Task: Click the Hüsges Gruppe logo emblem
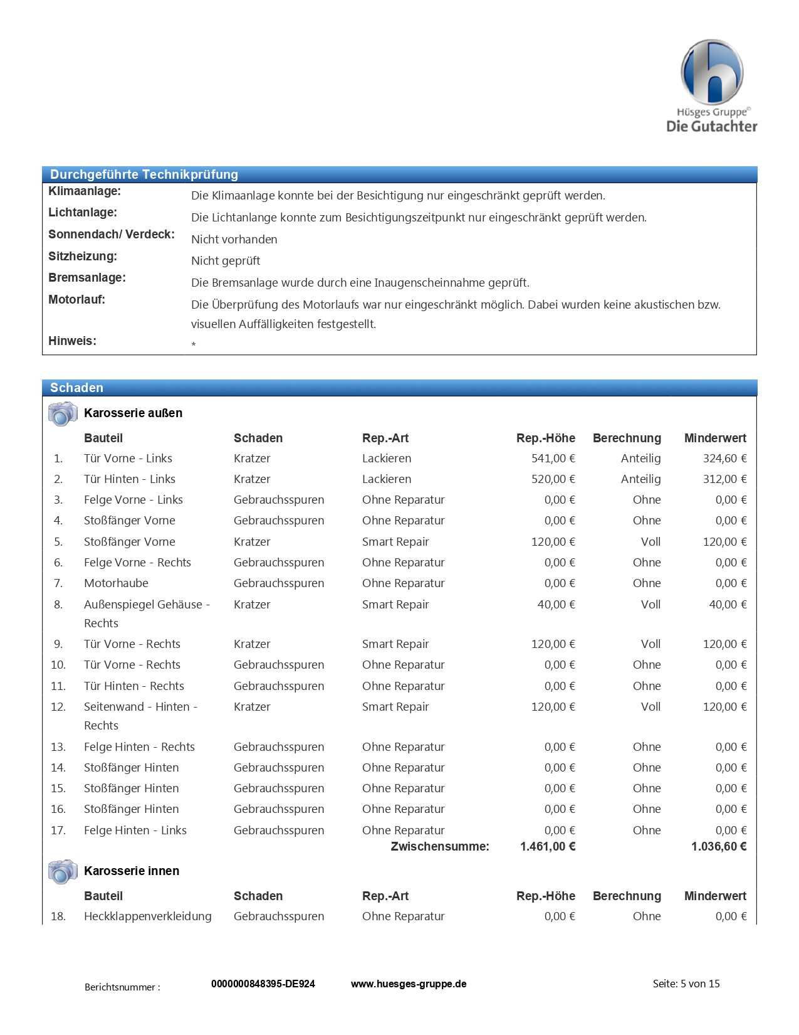tap(712, 72)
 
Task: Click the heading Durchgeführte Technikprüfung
tap(144, 174)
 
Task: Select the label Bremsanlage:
tap(87, 278)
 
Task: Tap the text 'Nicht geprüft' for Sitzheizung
tap(226, 261)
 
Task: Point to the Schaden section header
tap(76, 388)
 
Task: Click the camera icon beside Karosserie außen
tap(63, 413)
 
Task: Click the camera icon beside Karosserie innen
tap(63, 871)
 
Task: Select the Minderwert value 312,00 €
tap(724, 479)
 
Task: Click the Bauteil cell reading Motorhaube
tap(116, 583)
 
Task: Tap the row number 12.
tap(58, 707)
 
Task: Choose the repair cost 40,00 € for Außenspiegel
tap(556, 605)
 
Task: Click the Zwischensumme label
tap(440, 847)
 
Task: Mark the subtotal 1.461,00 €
tap(548, 847)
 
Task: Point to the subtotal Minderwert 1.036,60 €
tap(719, 847)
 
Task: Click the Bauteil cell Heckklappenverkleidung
tap(148, 916)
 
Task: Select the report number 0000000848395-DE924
tap(263, 984)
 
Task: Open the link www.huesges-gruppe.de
tap(409, 984)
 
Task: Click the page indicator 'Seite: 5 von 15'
tap(686, 984)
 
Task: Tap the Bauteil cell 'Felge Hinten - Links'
tap(135, 831)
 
